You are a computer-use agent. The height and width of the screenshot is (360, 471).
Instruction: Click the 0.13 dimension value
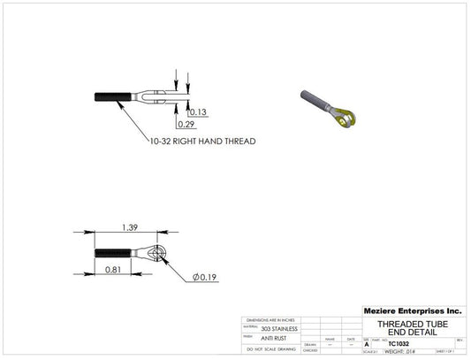pyautogui.click(x=197, y=112)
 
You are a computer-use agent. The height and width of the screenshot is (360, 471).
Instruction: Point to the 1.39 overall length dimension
pyautogui.click(x=129, y=228)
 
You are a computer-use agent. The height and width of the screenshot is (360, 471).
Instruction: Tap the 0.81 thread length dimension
pyautogui.click(x=113, y=269)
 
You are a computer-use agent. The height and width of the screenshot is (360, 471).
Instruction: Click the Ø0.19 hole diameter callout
pyautogui.click(x=205, y=278)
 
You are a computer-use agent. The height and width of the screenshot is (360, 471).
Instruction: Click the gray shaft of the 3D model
pyautogui.click(x=315, y=99)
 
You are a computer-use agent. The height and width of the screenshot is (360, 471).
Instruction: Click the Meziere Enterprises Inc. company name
pyautogui.click(x=412, y=311)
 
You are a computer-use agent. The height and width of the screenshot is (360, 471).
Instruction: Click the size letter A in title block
pyautogui.click(x=367, y=343)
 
